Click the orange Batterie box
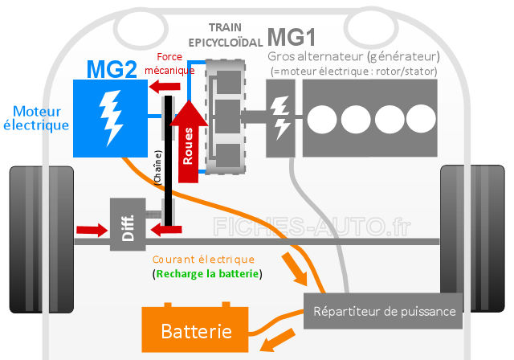coord(194,329)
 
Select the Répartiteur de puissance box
coord(383,311)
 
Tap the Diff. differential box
coord(128,224)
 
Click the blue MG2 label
coord(112,69)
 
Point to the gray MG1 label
coord(292,38)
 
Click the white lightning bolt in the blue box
coord(111,117)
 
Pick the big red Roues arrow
coord(189,141)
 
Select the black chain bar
coord(168,161)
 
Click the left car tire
coord(42,239)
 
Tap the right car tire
coord(472,239)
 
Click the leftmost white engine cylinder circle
coord(322,120)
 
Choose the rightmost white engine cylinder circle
coord(421,119)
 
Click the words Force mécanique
coord(169,63)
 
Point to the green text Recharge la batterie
coord(207,274)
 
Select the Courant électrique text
coord(203,260)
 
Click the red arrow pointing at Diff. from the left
coord(92,230)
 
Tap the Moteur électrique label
coord(36,119)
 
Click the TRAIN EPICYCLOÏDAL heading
coord(226,35)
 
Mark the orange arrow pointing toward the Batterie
coord(278,340)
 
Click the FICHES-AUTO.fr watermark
coord(312,227)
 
